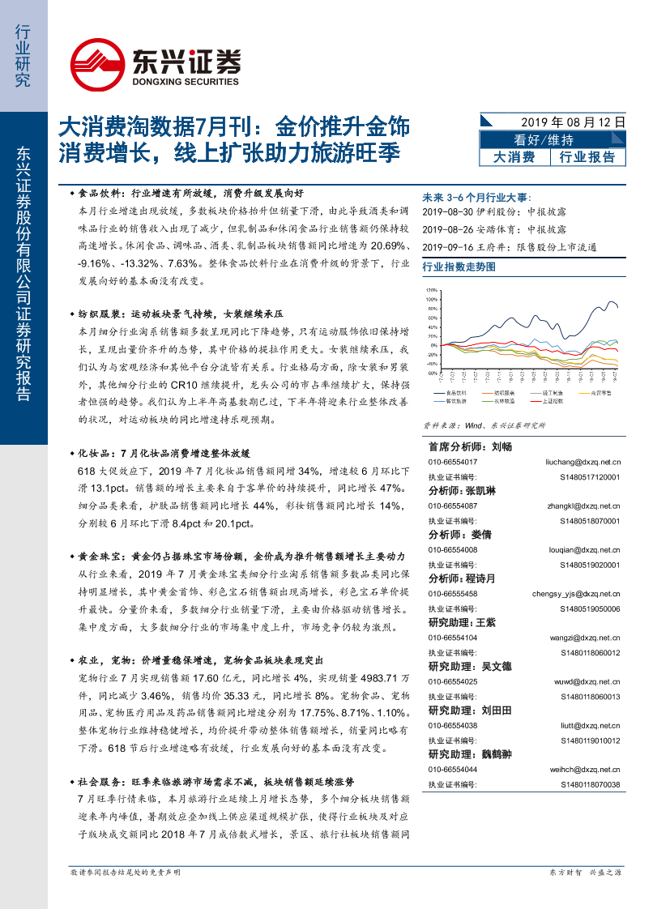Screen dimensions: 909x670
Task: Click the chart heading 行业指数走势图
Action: click(x=459, y=266)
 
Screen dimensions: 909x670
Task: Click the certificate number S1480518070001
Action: click(x=589, y=521)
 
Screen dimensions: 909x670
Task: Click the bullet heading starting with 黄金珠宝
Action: click(x=235, y=557)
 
